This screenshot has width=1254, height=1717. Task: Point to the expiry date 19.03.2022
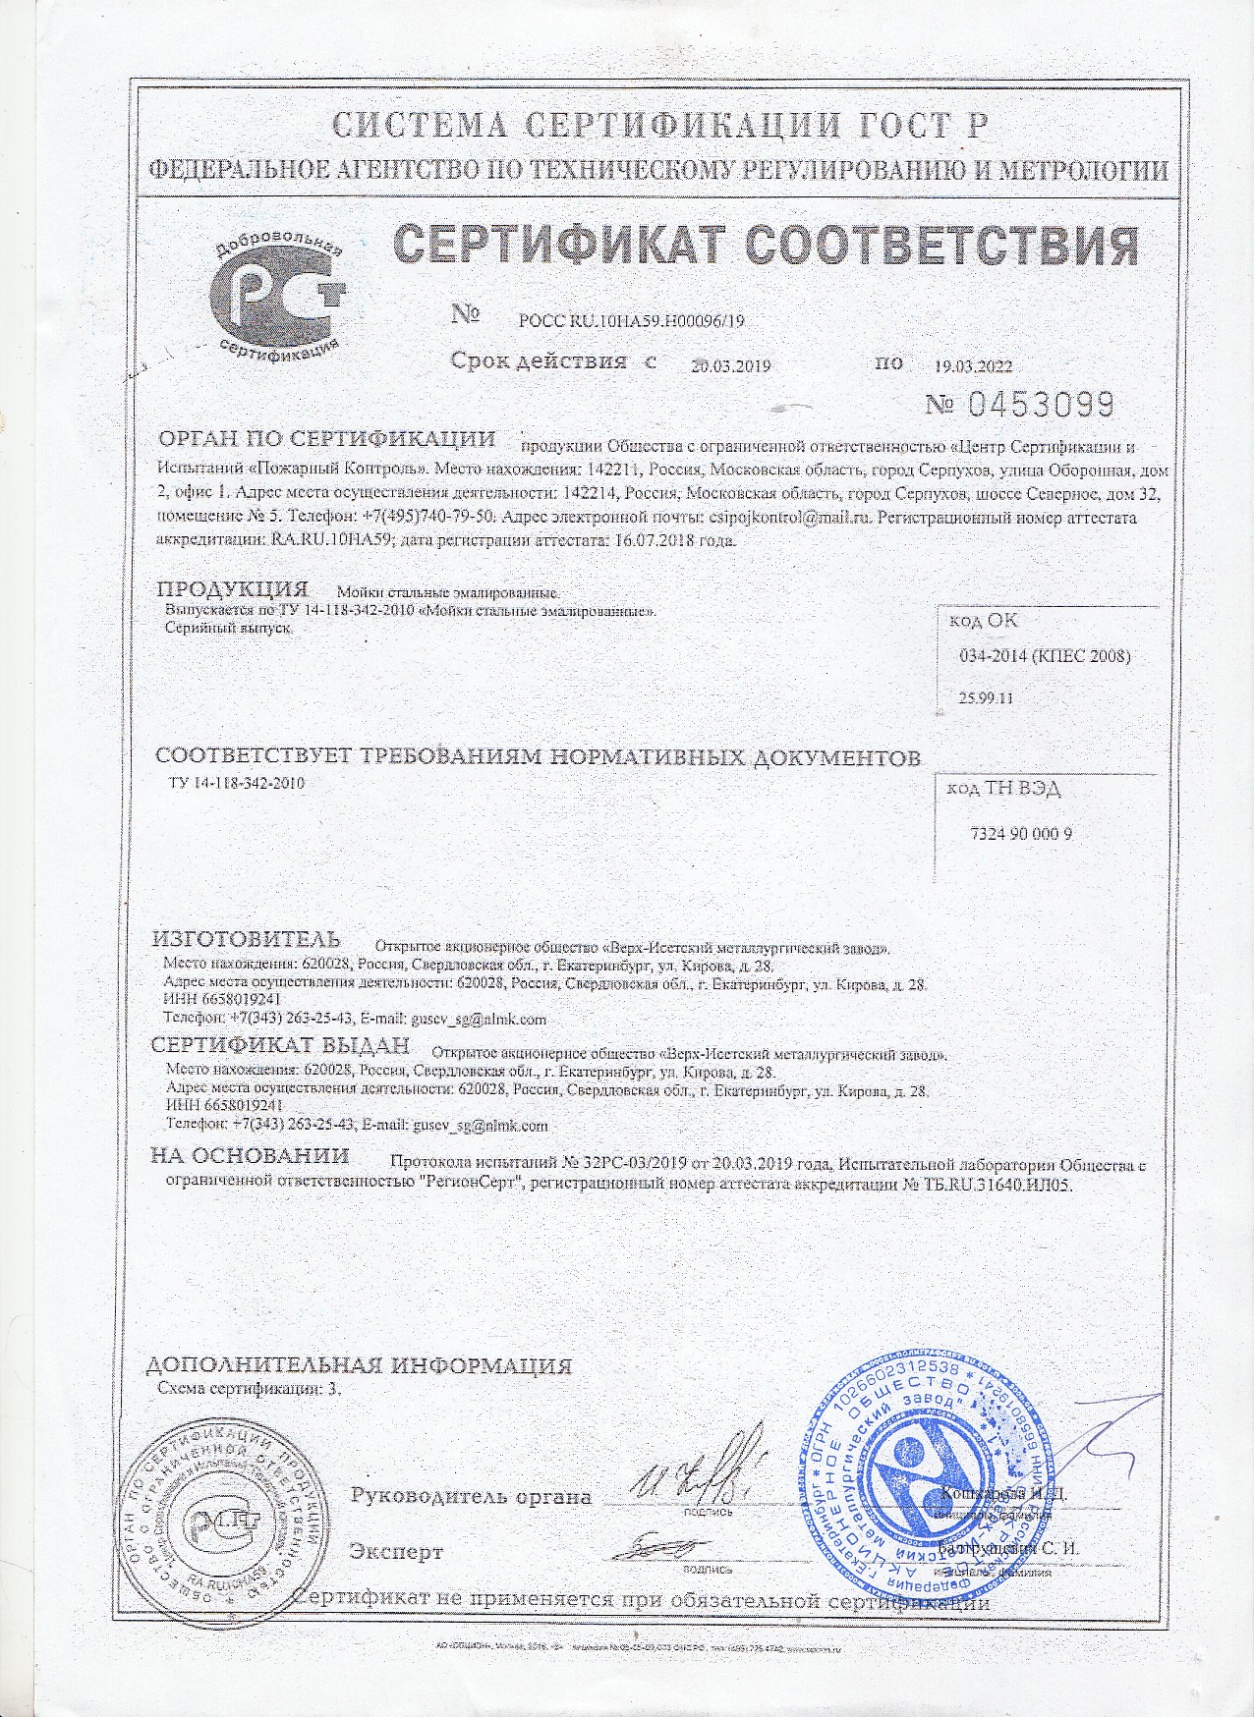[970, 365]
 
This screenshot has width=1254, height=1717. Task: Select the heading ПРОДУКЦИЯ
[233, 590]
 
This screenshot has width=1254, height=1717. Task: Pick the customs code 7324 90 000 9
[1020, 833]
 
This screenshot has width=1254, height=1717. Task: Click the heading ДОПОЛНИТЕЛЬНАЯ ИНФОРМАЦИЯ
[359, 1365]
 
